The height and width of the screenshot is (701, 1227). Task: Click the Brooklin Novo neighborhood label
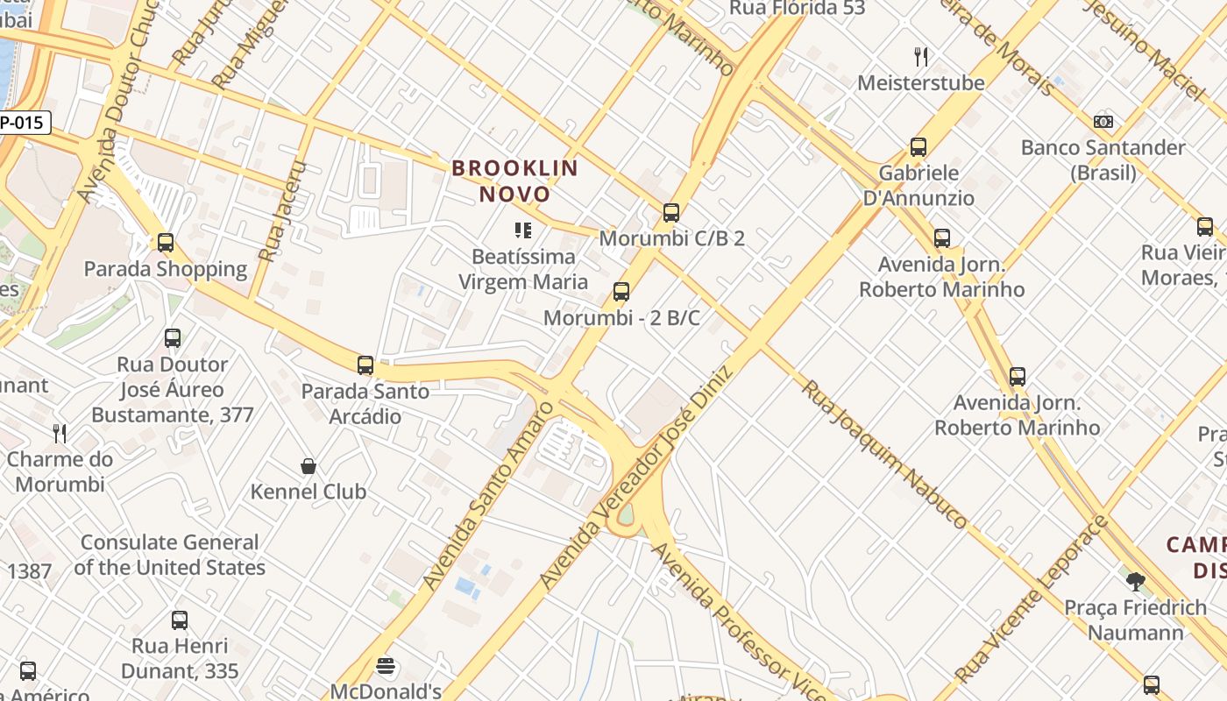tap(515, 181)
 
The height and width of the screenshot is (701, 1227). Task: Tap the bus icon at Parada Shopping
tap(166, 243)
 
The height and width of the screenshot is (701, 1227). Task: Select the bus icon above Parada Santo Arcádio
tap(365, 365)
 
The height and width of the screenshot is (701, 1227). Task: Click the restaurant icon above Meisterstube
tap(920, 57)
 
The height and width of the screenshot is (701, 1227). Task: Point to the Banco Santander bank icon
tap(1103, 122)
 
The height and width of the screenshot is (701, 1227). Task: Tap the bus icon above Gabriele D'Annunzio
tap(918, 147)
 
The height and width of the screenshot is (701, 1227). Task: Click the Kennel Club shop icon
tap(309, 465)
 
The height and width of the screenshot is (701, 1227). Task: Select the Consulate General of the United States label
tap(169, 555)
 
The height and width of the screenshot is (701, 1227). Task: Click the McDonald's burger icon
tap(386, 667)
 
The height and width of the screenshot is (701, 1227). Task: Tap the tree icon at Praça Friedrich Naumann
tap(1136, 581)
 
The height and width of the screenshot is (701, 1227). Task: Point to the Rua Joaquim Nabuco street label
tap(885, 454)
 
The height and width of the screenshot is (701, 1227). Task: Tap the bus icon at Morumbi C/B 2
tap(671, 212)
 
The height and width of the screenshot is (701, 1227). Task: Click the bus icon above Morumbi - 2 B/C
tap(621, 292)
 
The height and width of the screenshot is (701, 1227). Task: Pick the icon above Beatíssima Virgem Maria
tap(523, 230)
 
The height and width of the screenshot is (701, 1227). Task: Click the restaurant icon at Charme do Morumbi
tap(60, 433)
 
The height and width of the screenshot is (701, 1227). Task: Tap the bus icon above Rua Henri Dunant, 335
tap(180, 620)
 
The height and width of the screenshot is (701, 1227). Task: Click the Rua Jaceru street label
tap(285, 211)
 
